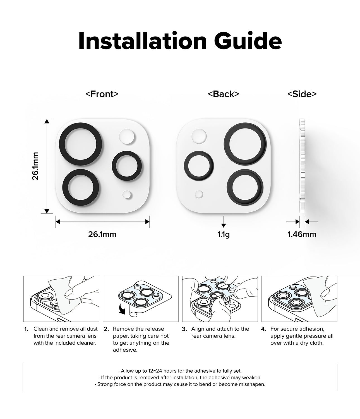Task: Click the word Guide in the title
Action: coord(246,41)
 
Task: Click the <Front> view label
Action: coord(102,94)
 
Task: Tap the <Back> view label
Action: coord(223,94)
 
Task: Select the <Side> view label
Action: coord(302,94)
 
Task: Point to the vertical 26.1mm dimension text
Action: coord(35,166)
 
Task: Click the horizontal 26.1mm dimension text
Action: coord(102,234)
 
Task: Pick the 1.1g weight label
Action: coord(223,234)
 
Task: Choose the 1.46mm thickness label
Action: coord(302,234)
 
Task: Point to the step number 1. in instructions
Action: coord(26,329)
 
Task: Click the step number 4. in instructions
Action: coord(263,329)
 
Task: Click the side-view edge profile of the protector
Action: coord(302,165)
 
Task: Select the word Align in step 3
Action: coord(198,329)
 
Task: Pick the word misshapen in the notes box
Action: coord(253,384)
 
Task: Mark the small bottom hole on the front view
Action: coord(127,195)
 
